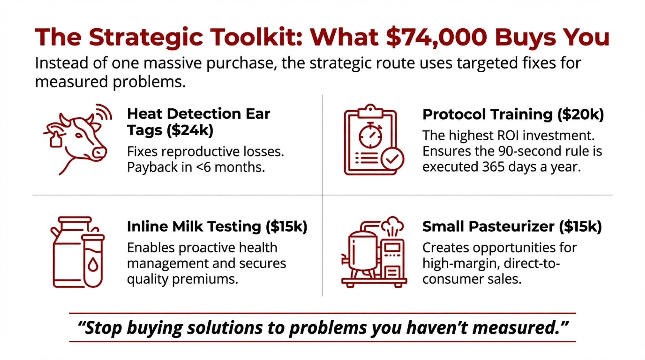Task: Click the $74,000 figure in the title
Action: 437,37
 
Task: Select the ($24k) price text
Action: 190,130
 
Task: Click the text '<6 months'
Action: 230,167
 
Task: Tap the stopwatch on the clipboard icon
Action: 371,135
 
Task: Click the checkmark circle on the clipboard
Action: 392,159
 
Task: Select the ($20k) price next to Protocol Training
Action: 580,115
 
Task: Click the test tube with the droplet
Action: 93,261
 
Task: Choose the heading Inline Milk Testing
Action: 194,226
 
